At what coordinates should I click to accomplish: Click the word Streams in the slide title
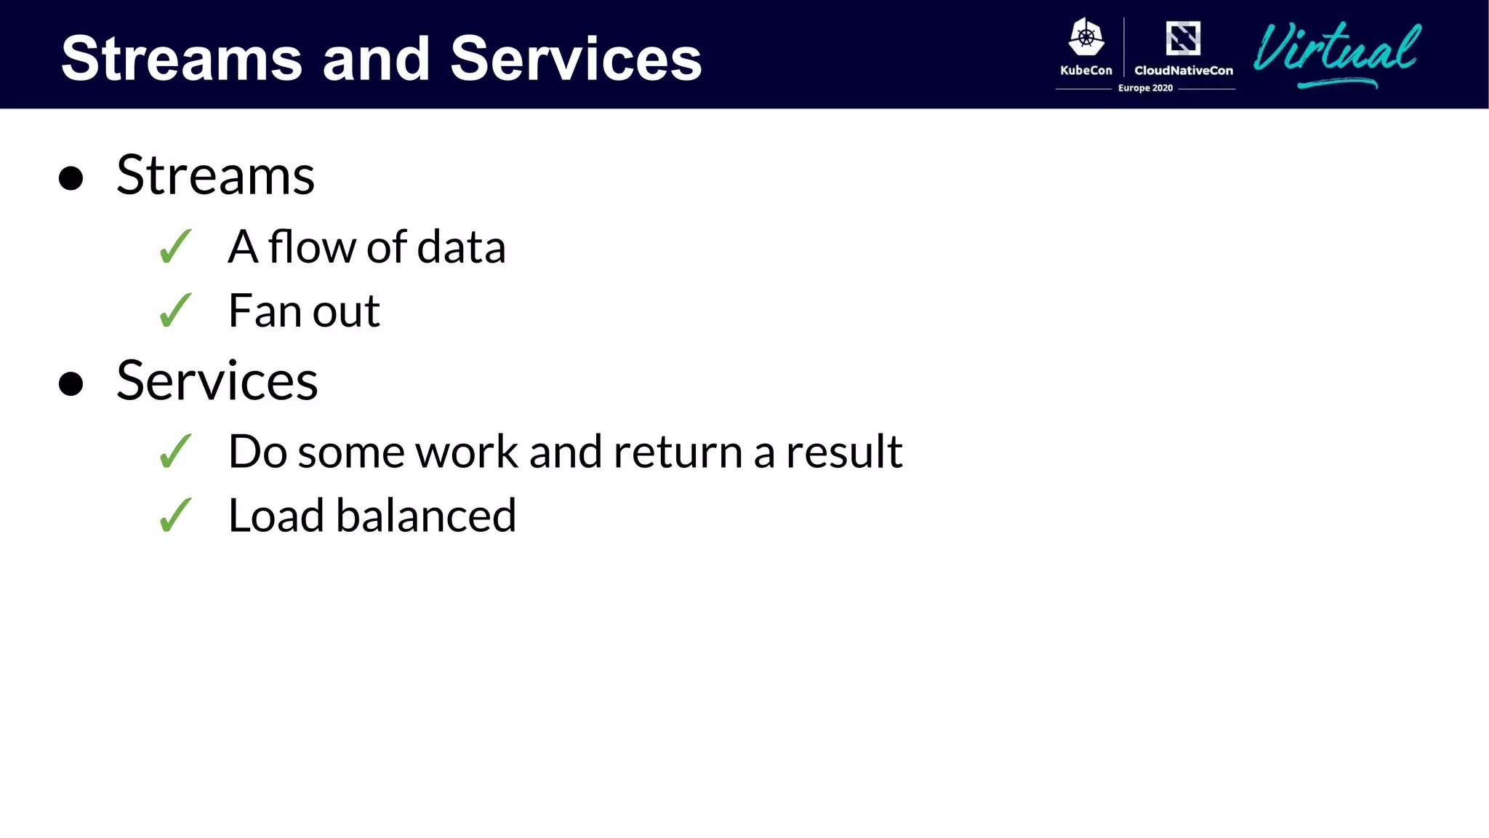(181, 59)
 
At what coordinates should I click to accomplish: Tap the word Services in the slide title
(576, 59)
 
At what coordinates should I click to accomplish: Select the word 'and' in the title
(376, 59)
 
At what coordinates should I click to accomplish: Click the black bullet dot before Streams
(71, 177)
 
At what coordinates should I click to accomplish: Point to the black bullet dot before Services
(71, 383)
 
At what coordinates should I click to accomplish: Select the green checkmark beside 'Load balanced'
(175, 515)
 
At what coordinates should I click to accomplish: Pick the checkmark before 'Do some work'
(175, 451)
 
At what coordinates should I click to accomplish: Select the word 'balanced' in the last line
(425, 516)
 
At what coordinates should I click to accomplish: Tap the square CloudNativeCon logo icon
(1183, 38)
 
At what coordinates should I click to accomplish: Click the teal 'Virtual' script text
(1336, 51)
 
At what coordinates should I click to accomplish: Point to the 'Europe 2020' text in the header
(1145, 88)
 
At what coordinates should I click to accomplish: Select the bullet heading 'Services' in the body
(217, 381)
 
